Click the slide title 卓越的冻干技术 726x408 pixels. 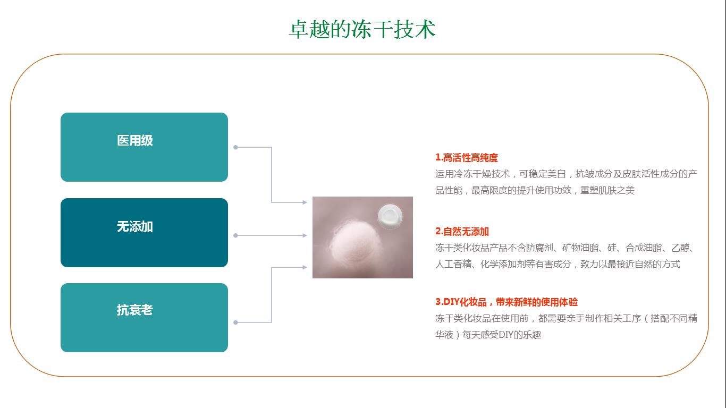tap(362, 29)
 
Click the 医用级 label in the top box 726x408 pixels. tap(135, 141)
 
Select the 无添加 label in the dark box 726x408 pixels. tap(135, 226)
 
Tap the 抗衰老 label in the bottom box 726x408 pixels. tap(135, 310)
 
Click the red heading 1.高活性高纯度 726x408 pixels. tap(467, 158)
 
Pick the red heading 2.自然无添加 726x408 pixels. tap(462, 232)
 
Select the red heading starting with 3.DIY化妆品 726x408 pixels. tap(506, 302)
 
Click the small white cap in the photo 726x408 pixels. tap(390, 216)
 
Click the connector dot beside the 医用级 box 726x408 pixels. tap(235, 148)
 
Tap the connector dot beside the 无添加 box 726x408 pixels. tap(235, 235)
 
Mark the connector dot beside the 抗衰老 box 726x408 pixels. tap(235, 322)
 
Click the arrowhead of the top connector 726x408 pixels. tap(305, 202)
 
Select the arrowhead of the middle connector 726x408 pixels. tap(305, 235)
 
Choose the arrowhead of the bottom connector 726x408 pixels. tap(305, 267)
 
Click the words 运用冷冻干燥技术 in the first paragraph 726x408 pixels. tap(472, 174)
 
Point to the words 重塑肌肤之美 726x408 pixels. tap(607, 190)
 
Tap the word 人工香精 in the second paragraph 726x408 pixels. tap(453, 264)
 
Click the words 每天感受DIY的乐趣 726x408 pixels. tap(502, 335)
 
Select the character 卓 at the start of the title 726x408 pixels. tap(299, 29)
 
